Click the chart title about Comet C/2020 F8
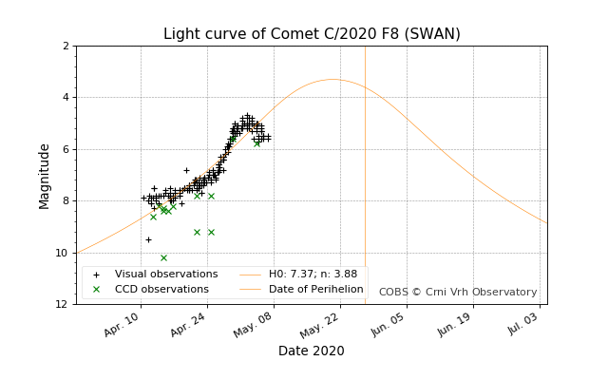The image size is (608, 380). click(x=312, y=34)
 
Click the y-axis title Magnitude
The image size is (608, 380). click(x=45, y=176)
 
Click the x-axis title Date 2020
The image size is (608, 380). click(x=312, y=351)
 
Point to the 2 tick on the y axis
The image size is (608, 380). click(x=66, y=46)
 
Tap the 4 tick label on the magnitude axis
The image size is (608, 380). click(x=66, y=97)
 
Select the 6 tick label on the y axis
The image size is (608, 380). click(x=66, y=149)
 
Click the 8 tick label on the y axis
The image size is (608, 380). click(x=66, y=200)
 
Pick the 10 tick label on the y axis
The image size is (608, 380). click(x=63, y=253)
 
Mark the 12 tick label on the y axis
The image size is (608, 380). click(x=63, y=304)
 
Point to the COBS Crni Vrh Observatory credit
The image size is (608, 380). click(x=458, y=293)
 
